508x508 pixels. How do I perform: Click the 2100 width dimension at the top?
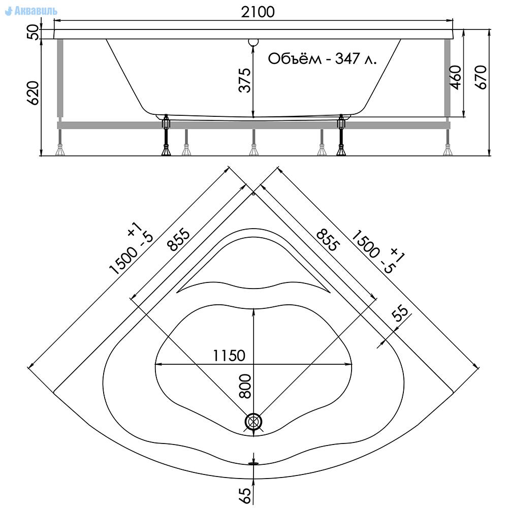tap(258, 12)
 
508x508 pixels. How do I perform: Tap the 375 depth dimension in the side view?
tap(245, 80)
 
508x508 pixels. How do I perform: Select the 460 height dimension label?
tap(456, 77)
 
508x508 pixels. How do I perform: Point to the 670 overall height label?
tap(481, 77)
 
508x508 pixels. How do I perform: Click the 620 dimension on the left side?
tap(33, 93)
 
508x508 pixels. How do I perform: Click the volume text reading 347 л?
tap(356, 58)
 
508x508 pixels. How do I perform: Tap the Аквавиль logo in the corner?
tap(31, 11)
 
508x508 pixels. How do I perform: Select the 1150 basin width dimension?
tap(229, 356)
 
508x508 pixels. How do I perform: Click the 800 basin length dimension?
tap(245, 386)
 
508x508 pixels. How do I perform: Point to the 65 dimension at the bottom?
tap(245, 496)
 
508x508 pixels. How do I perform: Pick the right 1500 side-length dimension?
tap(378, 251)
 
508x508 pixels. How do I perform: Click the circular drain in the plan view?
tap(253, 421)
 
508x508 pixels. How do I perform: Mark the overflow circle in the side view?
tap(253, 42)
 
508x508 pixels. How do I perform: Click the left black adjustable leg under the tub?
tap(166, 136)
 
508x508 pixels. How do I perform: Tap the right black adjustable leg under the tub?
tap(341, 136)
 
